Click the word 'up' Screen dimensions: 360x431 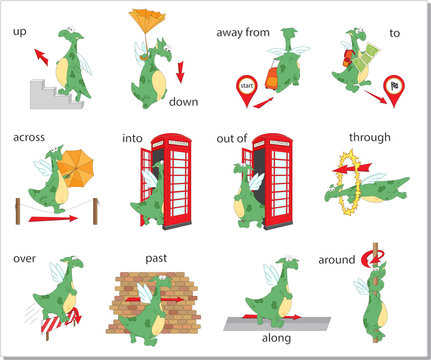pyautogui.click(x=20, y=32)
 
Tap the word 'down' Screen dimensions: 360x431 pyautogui.click(x=183, y=102)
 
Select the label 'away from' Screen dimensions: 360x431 pyautogui.click(x=243, y=32)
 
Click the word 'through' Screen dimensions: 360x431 pyautogui.click(x=369, y=137)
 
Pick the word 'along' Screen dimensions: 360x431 pyautogui.click(x=276, y=339)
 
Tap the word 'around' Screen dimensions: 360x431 pyautogui.click(x=336, y=260)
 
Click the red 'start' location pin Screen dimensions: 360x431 pyautogui.click(x=244, y=88)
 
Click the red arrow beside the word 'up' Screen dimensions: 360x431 pyautogui.click(x=40, y=56)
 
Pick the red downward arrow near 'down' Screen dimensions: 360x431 pyautogui.click(x=181, y=71)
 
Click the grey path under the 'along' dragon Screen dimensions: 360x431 pyautogui.click(x=276, y=320)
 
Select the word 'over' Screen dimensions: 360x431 pyautogui.click(x=25, y=259)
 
